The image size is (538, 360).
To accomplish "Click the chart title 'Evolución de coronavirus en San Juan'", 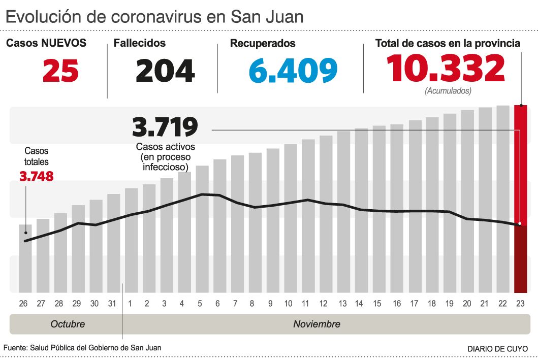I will pos(154,17).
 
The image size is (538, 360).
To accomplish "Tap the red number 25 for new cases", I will pos(60,71).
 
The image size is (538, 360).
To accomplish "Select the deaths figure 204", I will pos(165,71).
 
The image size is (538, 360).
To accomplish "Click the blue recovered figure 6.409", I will pos(293,71).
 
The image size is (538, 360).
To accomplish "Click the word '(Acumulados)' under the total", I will pos(448,91).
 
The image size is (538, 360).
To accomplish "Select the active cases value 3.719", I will pos(165,127).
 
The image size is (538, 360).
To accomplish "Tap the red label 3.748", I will pos(36,176).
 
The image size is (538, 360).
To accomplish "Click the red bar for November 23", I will pos(520,198).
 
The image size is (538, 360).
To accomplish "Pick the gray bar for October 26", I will pos(25,258).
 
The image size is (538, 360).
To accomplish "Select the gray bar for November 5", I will pos(202,228).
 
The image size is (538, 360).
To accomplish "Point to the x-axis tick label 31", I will pos(113,304).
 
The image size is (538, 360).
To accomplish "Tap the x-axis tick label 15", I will pos(377,304).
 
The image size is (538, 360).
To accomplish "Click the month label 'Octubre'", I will pos(68,324).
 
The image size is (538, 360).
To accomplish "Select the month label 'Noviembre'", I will pos(317,324).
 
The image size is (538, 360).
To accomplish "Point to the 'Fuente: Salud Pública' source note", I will pos(83,348).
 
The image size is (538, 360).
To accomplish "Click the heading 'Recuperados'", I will pos(263,44).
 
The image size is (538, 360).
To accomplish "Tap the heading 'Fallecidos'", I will pos(140,44).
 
